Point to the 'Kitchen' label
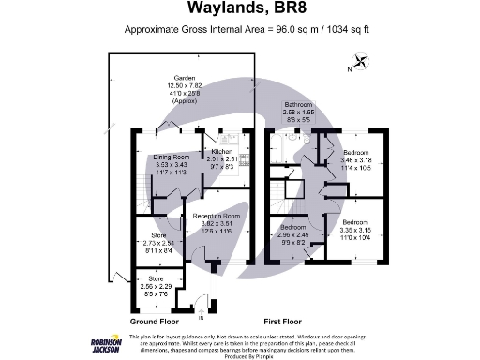(222, 151)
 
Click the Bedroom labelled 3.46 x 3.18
(358, 151)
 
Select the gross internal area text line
(240, 30)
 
